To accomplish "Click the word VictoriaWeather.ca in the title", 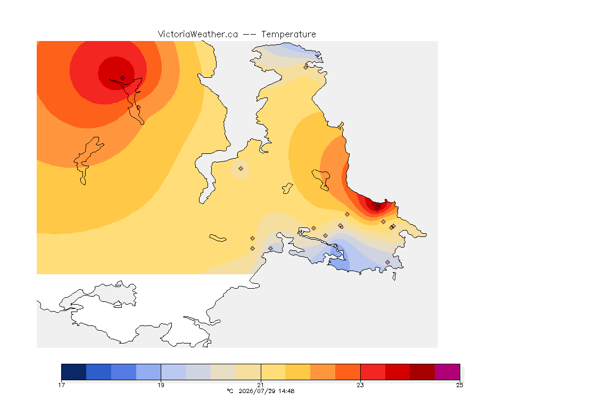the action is coord(198,35).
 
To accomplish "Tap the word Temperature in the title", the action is coord(288,35).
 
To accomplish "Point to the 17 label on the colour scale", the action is coord(61,385).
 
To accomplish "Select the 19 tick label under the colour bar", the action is coord(161,385).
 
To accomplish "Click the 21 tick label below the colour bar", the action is coord(260,385).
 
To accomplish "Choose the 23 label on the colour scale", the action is coord(360,385).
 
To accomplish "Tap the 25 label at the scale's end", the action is coord(460,385).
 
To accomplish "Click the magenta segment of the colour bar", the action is coord(447,372).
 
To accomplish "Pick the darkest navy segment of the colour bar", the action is coord(74,372).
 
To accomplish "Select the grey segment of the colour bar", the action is coord(198,372).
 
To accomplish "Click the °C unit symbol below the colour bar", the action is coord(230,391).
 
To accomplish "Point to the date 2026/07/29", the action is coord(255,391).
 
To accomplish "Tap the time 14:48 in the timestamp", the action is coord(286,391).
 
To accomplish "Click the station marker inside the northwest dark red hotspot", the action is coord(123,78).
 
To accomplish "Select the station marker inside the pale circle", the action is coord(241,169).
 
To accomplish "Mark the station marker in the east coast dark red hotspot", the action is coord(377,208).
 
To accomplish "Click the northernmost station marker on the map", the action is coord(306,67).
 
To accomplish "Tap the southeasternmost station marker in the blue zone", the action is coord(387,262).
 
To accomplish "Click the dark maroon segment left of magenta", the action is coord(422,372).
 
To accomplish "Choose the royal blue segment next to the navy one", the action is coord(98,372).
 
